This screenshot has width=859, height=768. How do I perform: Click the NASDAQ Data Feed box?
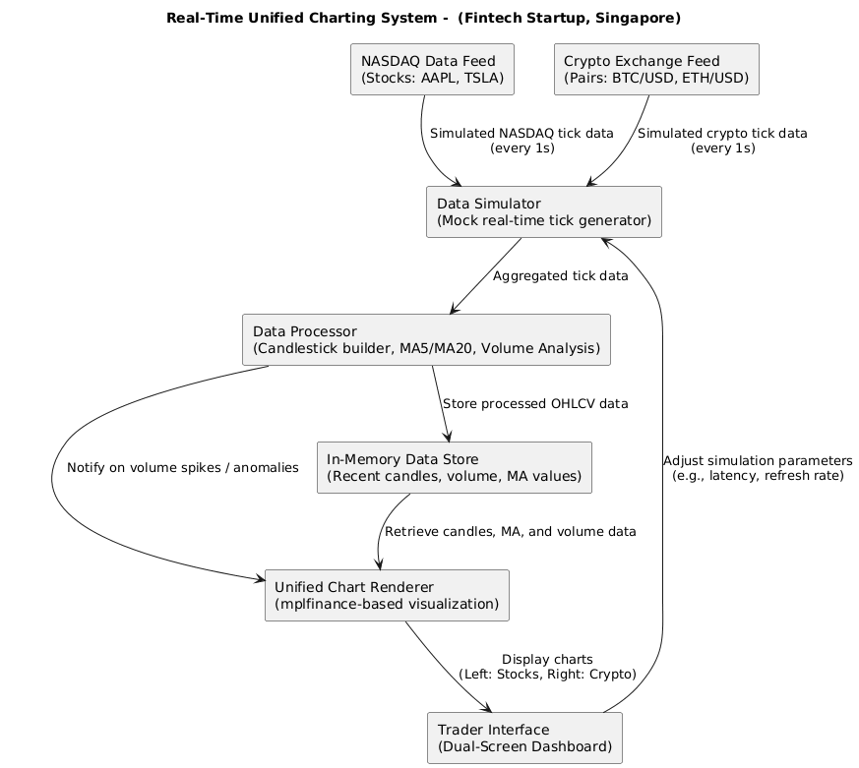[432, 69]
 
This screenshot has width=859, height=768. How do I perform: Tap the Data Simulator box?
[543, 211]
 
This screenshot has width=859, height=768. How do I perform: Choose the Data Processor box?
[426, 339]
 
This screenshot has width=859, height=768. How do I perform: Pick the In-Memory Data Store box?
[455, 467]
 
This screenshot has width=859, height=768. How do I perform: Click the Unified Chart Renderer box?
[388, 595]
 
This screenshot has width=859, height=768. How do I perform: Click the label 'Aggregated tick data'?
[560, 276]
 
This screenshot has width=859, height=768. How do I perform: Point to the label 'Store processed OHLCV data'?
[535, 404]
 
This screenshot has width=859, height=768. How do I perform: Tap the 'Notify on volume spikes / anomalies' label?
[182, 468]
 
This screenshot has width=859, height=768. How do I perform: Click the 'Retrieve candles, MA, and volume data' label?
[510, 532]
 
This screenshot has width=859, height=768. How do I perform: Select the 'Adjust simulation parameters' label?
[758, 460]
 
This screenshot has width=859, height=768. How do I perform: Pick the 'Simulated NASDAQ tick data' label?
[522, 134]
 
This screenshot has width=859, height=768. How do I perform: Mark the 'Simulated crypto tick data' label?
[722, 134]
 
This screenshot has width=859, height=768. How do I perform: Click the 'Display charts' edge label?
[547, 660]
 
